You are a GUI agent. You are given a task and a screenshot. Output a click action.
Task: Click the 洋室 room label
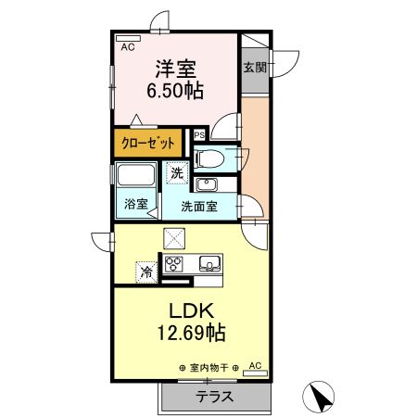pyautogui.click(x=174, y=68)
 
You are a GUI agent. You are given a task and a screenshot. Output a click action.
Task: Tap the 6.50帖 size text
pyautogui.click(x=174, y=91)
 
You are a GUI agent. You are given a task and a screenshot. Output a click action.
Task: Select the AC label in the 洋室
pyautogui.click(x=128, y=44)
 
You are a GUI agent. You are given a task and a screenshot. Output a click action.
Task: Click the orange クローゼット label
pyautogui.click(x=149, y=145)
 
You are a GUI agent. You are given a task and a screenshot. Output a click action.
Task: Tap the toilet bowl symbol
pyautogui.click(x=208, y=158)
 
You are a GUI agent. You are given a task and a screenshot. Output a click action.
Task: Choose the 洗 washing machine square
pyautogui.click(x=176, y=172)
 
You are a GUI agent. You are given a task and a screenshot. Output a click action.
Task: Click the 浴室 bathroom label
pyautogui.click(x=136, y=204)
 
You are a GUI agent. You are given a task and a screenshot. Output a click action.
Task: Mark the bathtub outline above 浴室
pyautogui.click(x=137, y=176)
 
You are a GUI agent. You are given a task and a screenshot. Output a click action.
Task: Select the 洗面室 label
pyautogui.click(x=198, y=207)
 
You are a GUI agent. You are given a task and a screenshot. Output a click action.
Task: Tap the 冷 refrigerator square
pyautogui.click(x=145, y=272)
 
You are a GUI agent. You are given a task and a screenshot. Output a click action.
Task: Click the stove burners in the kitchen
pyautogui.click(x=175, y=264)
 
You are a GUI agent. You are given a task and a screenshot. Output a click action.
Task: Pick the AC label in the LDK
pyautogui.click(x=256, y=366)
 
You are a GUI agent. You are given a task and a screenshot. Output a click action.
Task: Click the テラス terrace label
pyautogui.click(x=213, y=396)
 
